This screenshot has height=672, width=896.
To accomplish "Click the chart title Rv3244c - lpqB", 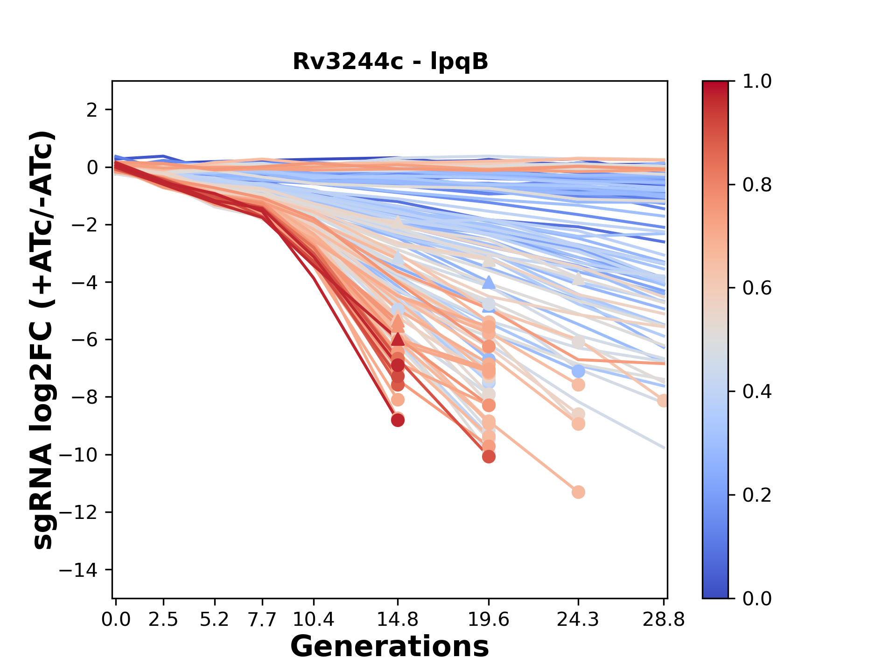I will [x=390, y=62].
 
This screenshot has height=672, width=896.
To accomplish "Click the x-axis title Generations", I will [x=390, y=647].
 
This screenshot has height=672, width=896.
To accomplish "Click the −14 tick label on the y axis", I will [x=84, y=570].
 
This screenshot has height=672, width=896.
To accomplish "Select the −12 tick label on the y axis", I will [x=84, y=512].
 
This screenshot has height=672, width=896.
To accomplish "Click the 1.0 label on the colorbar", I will [x=757, y=82].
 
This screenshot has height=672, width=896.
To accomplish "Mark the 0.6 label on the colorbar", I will [x=757, y=288].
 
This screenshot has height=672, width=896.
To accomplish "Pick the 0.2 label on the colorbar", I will [x=757, y=495].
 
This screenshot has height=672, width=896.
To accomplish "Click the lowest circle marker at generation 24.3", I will [x=578, y=492].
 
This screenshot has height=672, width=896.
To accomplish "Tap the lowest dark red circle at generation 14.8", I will [x=398, y=420].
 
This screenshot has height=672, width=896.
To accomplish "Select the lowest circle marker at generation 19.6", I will [x=489, y=457].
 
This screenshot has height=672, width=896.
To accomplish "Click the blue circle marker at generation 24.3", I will [x=578, y=371].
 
